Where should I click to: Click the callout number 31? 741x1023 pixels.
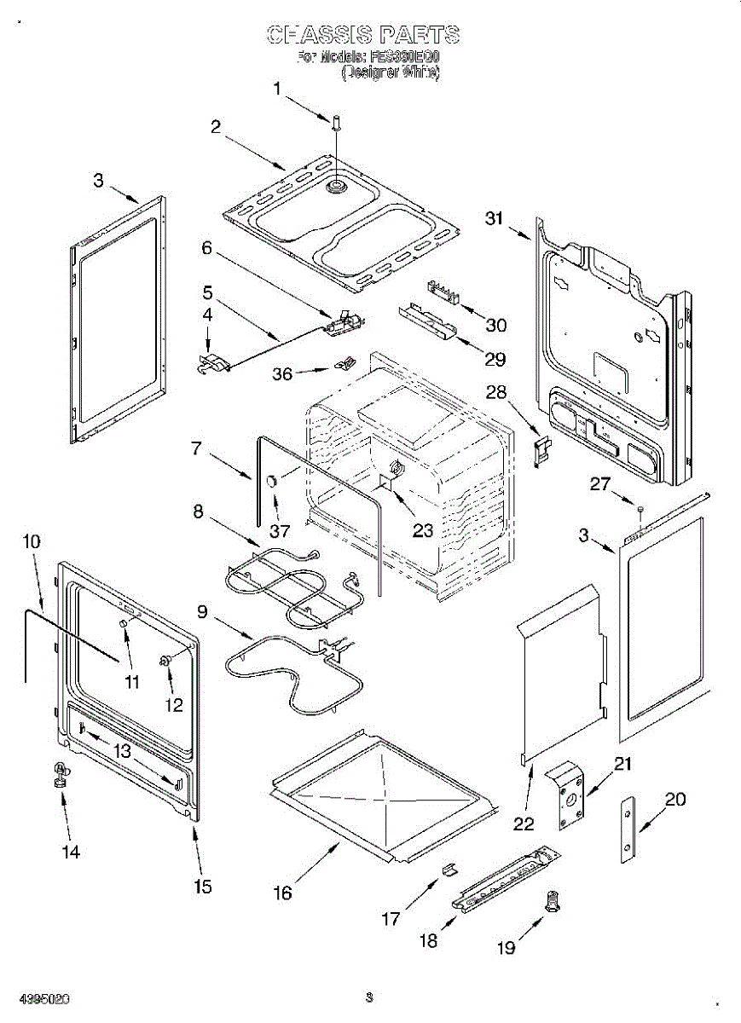click(x=495, y=218)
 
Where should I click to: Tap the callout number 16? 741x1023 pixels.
click(x=282, y=893)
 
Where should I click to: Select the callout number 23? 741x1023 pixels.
click(x=423, y=529)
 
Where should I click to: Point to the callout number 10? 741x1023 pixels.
click(x=31, y=541)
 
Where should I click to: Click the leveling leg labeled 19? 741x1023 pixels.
click(x=553, y=901)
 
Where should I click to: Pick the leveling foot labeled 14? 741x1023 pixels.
click(x=61, y=775)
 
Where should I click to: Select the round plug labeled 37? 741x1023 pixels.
click(x=272, y=482)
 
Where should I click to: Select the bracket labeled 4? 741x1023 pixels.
click(x=213, y=364)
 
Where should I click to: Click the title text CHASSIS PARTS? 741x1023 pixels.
click(x=363, y=34)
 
